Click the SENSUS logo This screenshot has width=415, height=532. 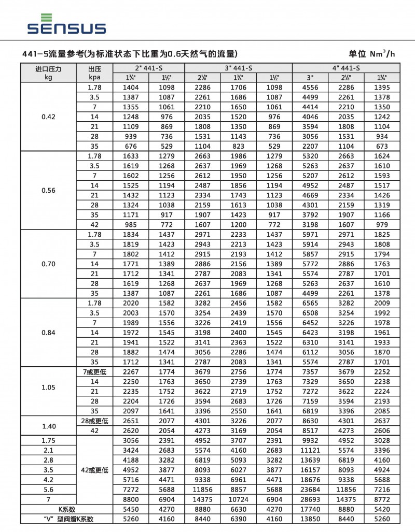click(x=67, y=24)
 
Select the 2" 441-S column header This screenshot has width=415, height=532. click(x=148, y=68)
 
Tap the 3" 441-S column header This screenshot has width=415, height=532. click(x=239, y=68)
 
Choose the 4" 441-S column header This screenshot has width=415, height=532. click(x=346, y=68)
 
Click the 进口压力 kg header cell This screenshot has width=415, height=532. click(x=48, y=73)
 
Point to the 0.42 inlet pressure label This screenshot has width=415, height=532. click(x=48, y=117)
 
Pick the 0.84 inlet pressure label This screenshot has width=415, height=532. click(x=48, y=332)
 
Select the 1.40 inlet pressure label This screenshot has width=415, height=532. click(x=48, y=426)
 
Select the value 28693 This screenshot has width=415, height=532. click(x=310, y=499)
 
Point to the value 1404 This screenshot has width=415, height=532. click(x=131, y=88)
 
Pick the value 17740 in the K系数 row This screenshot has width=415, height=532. click(x=310, y=509)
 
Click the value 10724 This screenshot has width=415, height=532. click(x=239, y=499)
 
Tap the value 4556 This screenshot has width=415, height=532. click(x=310, y=88)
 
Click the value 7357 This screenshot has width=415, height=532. click(x=310, y=371)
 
